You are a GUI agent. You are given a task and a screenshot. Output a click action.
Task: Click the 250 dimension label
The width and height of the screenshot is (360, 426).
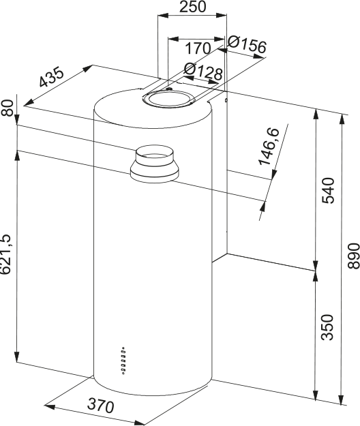(193, 7)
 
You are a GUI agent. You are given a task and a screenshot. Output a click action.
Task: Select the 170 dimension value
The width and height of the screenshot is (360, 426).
(198, 48)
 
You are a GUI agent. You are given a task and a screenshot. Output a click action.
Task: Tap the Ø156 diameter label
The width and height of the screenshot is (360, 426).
(246, 44)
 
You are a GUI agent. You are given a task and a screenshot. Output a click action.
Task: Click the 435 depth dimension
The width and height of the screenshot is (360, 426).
(51, 77)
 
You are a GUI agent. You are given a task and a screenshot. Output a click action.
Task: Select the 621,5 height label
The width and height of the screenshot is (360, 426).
(6, 254)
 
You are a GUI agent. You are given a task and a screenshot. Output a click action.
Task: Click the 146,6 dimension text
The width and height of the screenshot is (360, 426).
(269, 146)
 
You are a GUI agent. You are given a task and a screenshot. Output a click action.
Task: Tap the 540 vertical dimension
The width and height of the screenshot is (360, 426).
(327, 190)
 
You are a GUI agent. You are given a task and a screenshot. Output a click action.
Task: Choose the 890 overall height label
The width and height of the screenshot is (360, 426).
(354, 256)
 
